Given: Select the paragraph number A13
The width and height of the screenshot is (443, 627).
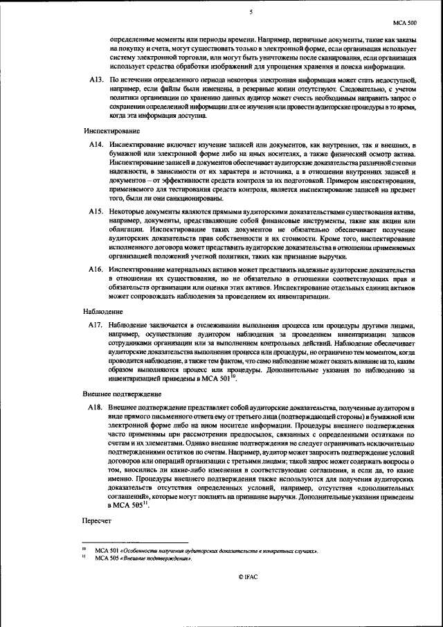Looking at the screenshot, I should pyautogui.click(x=96, y=80).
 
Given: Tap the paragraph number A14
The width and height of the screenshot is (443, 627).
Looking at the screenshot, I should pyautogui.click(x=96, y=143).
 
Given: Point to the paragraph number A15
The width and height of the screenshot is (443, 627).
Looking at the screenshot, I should pyautogui.click(x=96, y=211).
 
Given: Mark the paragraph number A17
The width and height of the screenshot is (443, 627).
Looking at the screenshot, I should pyautogui.click(x=96, y=325).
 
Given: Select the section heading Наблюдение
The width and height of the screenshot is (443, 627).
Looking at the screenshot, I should pyautogui.click(x=104, y=312).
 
